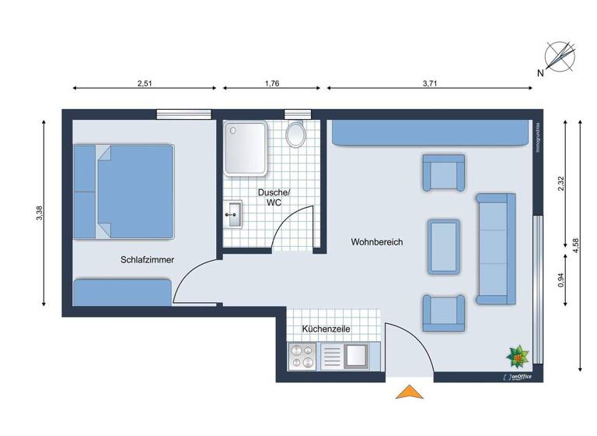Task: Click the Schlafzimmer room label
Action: coord(147,260)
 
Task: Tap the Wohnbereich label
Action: coord(376,243)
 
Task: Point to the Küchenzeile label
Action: coord(326,329)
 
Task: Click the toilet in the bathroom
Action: coord(295,135)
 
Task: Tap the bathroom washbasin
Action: coord(234,214)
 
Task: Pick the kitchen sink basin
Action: coord(356,357)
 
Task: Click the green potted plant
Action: coord(517,357)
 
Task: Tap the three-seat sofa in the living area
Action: coord(495,248)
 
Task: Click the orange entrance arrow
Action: coord(410,392)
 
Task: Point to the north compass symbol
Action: coord(559,57)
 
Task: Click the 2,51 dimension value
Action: coord(145,84)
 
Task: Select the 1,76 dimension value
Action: coord(272,84)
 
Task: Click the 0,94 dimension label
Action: coord(560,280)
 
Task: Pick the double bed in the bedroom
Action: coord(124,192)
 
